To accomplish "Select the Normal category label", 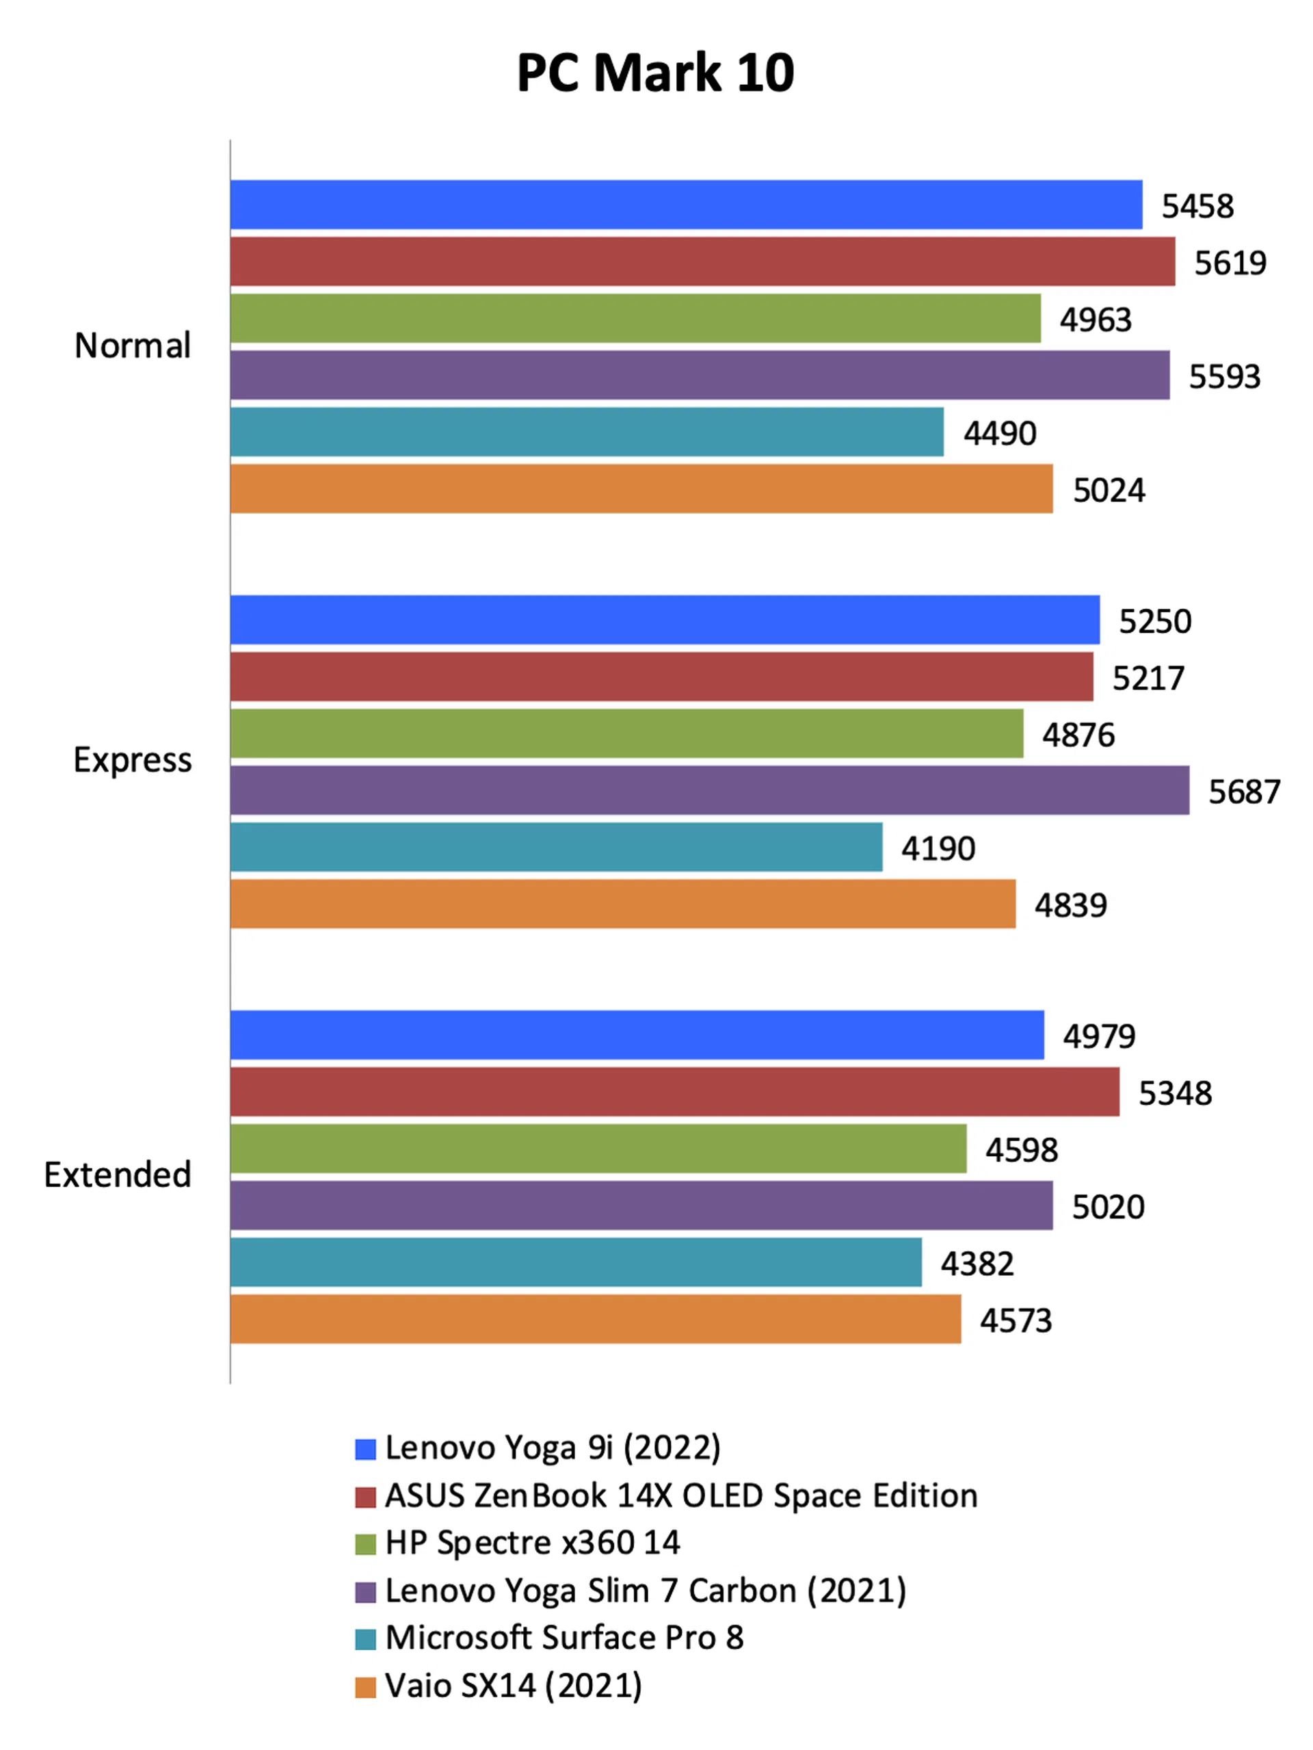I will [132, 345].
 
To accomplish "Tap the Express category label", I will [132, 760].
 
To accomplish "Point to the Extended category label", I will [117, 1175].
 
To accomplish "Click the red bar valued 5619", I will [702, 261].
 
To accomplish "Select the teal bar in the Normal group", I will [587, 432].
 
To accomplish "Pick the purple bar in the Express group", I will [709, 789].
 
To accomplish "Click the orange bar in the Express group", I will [622, 904].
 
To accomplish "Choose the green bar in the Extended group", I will [598, 1149].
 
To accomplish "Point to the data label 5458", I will [1197, 207].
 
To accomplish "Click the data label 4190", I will [938, 849].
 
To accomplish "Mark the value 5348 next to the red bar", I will [1175, 1093].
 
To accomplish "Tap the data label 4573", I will [1016, 1320].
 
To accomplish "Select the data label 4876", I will [1078, 735].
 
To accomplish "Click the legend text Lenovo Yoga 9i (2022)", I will [552, 1448].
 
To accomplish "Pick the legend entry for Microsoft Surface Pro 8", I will [564, 1638].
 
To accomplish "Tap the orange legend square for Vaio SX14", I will [365, 1686].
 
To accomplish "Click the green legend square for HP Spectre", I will [365, 1543].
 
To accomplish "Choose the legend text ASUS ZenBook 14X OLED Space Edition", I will [681, 1496].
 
